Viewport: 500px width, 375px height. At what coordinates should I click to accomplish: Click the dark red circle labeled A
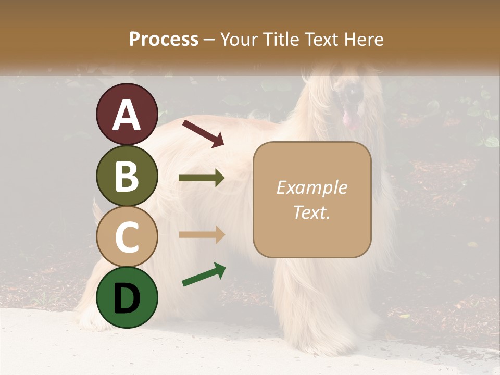click(127, 114)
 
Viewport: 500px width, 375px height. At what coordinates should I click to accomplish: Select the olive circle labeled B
click(127, 176)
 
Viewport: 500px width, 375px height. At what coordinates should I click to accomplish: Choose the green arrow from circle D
click(204, 274)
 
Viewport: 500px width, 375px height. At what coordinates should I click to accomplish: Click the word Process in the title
click(164, 40)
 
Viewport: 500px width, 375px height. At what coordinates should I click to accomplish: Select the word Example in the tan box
click(311, 188)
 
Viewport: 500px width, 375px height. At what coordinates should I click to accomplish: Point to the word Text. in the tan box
click(311, 212)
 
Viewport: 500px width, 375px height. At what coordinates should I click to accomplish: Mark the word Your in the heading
click(238, 40)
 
